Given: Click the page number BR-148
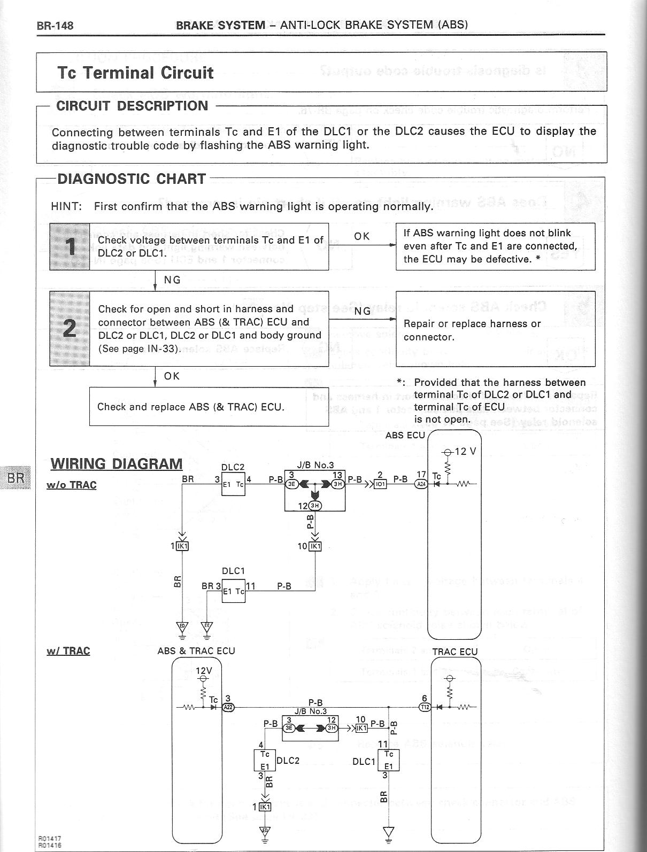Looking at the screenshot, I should (55, 25).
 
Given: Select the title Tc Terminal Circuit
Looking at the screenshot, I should (135, 73).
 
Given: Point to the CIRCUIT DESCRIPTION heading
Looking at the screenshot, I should (132, 106).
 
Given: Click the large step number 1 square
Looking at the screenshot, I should (70, 246).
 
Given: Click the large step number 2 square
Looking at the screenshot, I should (70, 328).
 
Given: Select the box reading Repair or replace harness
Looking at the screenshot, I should (495, 329).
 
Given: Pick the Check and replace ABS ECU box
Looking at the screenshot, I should (209, 407).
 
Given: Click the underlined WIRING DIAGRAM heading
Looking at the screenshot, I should (116, 463).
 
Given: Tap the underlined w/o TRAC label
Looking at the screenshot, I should (72, 485).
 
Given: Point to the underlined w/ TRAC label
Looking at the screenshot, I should (68, 651).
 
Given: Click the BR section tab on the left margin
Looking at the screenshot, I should (16, 477).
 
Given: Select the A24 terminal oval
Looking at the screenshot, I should (421, 484).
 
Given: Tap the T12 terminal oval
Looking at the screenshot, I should (425, 707).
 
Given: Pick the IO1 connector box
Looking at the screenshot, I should (380, 484).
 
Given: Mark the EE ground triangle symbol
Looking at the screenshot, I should (207, 626).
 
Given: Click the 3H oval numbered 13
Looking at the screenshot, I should (338, 484).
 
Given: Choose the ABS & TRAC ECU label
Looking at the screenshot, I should (196, 651).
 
